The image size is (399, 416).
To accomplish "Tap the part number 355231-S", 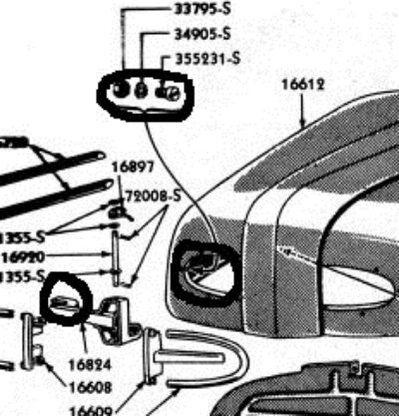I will tap(207, 59).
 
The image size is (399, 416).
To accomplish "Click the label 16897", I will tap(130, 167).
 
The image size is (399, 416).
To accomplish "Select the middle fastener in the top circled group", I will tap(143, 92).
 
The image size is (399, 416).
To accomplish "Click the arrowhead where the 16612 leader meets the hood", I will tap(303, 124).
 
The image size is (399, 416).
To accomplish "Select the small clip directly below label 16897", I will tap(118, 210).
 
